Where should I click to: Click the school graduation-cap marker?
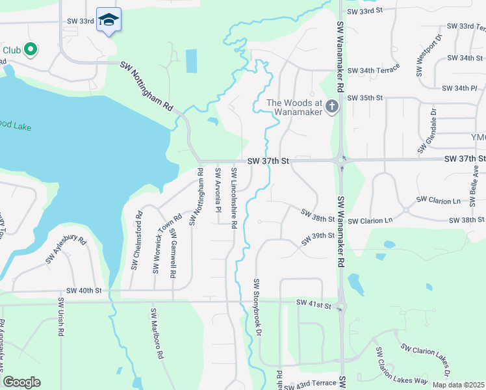[109, 20]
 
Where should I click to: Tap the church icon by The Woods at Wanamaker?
[333, 105]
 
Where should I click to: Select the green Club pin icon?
[30, 49]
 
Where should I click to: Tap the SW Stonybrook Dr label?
[257, 307]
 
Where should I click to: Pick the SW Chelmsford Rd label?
[136, 240]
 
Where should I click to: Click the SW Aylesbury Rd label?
[66, 250]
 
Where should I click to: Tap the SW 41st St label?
[314, 303]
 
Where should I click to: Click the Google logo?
[21, 382]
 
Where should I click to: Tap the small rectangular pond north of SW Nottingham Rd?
[192, 61]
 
